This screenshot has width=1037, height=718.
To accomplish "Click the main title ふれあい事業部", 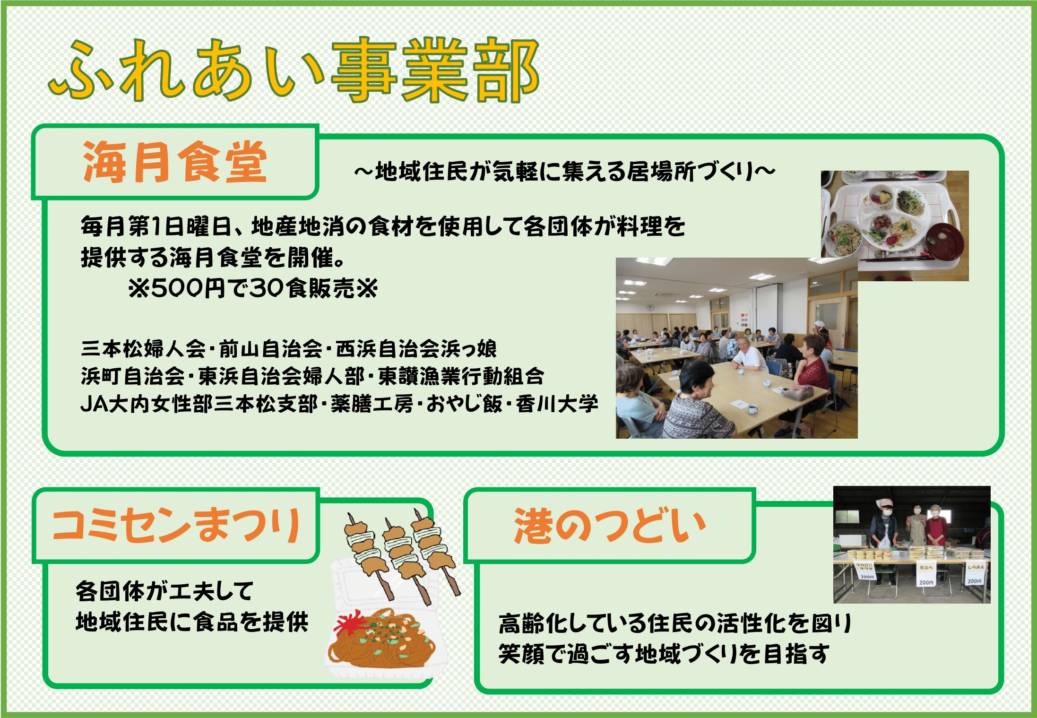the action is click(294, 70).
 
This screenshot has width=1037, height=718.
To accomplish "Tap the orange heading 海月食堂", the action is click(175, 162).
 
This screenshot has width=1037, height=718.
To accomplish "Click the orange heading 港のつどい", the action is click(610, 526).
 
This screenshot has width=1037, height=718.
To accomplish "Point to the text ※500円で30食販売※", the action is click(253, 287).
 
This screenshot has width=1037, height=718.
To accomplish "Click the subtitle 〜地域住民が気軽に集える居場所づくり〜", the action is click(564, 172).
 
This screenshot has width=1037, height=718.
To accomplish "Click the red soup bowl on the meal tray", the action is click(943, 241).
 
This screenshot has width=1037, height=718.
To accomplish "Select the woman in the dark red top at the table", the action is click(812, 373).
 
